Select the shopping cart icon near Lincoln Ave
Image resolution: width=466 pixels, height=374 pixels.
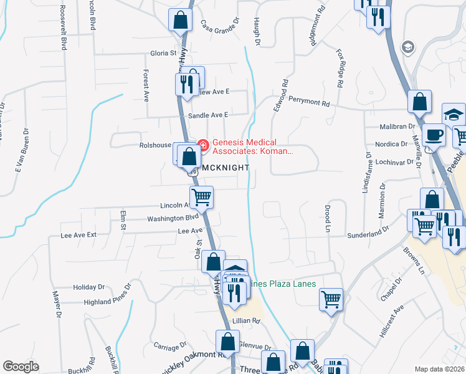click(201, 198)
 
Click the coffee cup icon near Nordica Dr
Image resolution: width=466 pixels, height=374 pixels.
click(434, 135)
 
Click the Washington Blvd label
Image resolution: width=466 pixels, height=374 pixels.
click(173, 218)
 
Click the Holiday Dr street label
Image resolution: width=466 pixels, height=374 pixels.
click(88, 287)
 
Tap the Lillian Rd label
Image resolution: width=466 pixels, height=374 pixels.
click(246, 320)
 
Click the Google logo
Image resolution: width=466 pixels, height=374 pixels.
click(21, 367)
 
